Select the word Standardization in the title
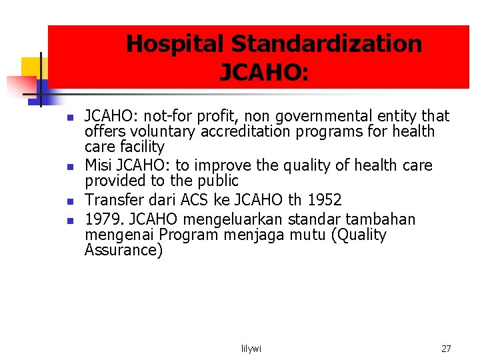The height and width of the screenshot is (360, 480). (327, 44)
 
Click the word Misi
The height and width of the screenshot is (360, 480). (99, 165)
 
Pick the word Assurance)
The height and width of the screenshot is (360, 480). (123, 251)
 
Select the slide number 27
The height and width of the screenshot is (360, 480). (446, 349)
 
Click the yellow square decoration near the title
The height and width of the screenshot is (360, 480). (31, 67)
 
